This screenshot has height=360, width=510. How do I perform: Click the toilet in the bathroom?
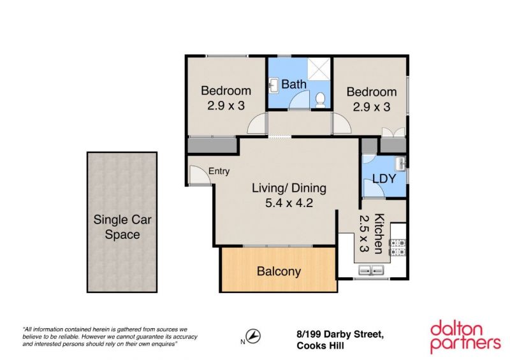[321, 100]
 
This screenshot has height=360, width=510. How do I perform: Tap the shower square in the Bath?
[319, 69]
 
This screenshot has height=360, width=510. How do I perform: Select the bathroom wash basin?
[273, 86]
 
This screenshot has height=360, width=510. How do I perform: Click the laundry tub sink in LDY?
[400, 163]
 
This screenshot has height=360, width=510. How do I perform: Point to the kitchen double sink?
[371, 270]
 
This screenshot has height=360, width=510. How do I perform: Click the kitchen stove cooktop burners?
[398, 247]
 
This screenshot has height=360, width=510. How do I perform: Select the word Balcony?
[279, 271]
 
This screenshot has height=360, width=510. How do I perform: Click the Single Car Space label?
[122, 227]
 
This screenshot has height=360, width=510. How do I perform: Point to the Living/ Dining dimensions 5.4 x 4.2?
[289, 203]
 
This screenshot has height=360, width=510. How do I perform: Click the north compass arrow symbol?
[252, 336]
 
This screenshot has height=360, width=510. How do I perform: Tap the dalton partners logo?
[465, 337]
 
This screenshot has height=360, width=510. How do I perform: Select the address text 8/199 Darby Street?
[340, 335]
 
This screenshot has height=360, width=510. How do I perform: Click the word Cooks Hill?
[320, 346]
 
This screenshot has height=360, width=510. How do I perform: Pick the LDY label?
[384, 178]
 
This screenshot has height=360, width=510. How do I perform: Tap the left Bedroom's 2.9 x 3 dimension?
[226, 105]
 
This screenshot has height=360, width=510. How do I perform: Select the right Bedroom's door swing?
[342, 123]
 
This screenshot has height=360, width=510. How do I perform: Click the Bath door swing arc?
[299, 100]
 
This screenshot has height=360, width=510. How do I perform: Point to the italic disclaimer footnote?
[110, 336]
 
